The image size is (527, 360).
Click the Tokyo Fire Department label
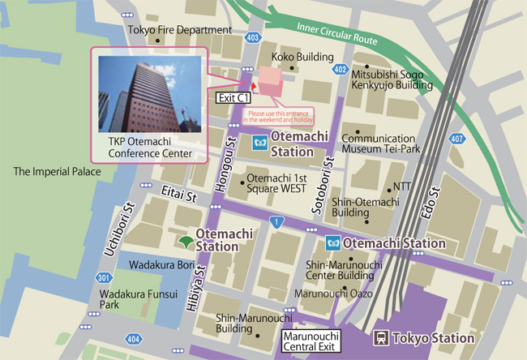[x=180, y=30]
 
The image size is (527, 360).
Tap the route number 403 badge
[x=254, y=36]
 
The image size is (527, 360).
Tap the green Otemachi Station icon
[x=186, y=241]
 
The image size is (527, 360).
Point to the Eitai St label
[x=179, y=196]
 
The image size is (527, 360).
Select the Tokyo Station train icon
[x=379, y=338]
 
